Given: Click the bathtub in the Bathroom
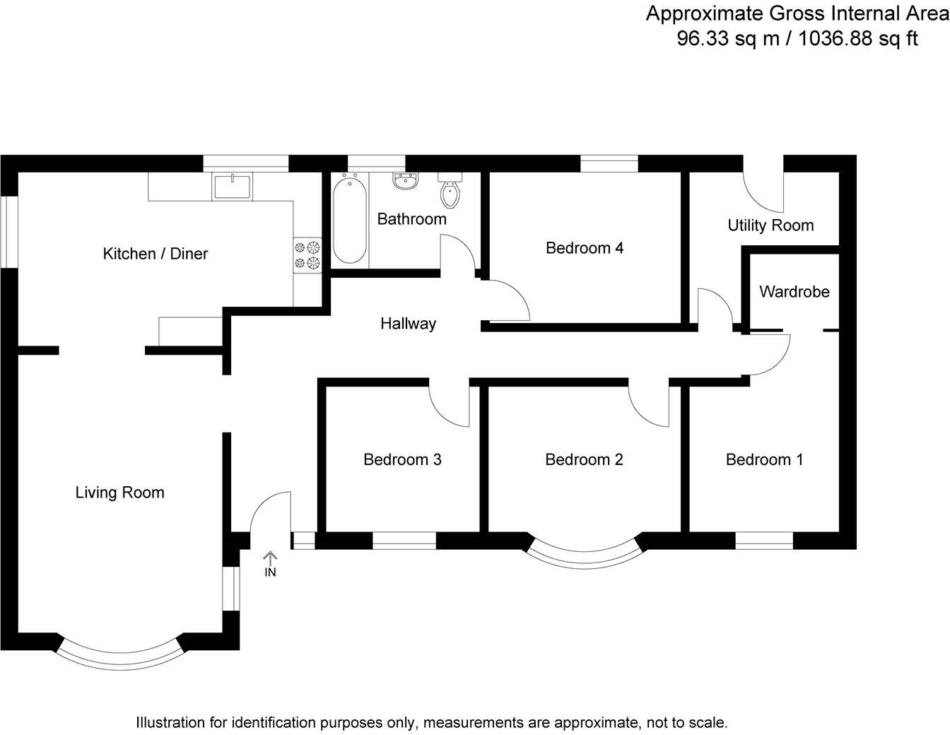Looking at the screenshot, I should coord(349,220).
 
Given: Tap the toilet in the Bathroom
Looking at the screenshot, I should coord(450,192).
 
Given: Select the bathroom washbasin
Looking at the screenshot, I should coord(405,182).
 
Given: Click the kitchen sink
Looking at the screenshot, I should coord(232,187).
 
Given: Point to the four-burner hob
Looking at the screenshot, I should coord(307,256).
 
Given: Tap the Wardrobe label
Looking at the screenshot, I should coord(794,292).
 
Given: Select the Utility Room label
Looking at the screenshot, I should coord(770,225).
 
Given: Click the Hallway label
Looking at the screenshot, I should coord(408,324).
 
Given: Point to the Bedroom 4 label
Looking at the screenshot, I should coord(584,248).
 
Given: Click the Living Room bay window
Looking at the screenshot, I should coord(119,654).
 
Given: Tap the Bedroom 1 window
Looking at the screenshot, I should coord(764,541).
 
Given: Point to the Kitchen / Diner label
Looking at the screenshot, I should coord(156,254).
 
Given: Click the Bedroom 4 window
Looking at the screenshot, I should coord(609,163).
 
